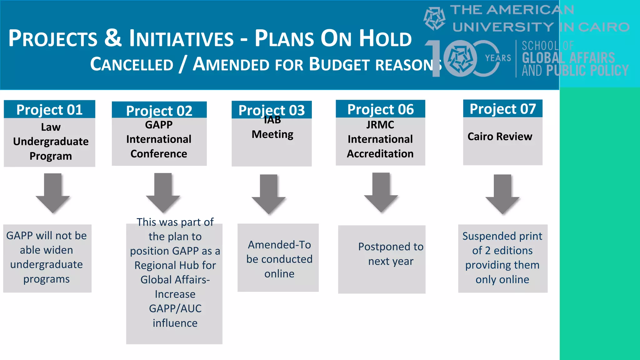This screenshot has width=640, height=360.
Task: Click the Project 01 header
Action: pyautogui.click(x=49, y=110)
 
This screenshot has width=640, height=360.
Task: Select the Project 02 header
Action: pyautogui.click(x=159, y=111)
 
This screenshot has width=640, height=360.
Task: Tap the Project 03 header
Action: pyautogui.click(x=272, y=110)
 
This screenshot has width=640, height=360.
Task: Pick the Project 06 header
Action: pyautogui.click(x=380, y=109)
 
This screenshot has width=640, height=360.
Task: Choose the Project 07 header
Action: pyautogui.click(x=502, y=109)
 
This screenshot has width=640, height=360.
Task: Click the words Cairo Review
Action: pyautogui.click(x=500, y=137)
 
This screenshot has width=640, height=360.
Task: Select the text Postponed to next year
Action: pyautogui.click(x=391, y=254)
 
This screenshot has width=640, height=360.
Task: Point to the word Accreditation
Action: pyautogui.click(x=380, y=154)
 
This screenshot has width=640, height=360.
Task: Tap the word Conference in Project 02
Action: pyautogui.click(x=159, y=154)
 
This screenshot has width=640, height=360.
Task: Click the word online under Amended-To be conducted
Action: pyautogui.click(x=279, y=274)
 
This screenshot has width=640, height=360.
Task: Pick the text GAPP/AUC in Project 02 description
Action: pyautogui.click(x=175, y=308)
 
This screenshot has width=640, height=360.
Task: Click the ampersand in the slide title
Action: pyautogui.click(x=113, y=38)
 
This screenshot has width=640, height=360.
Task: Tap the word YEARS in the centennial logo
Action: pyautogui.click(x=498, y=58)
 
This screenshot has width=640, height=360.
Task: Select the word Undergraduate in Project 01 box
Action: pyautogui.click(x=51, y=142)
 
